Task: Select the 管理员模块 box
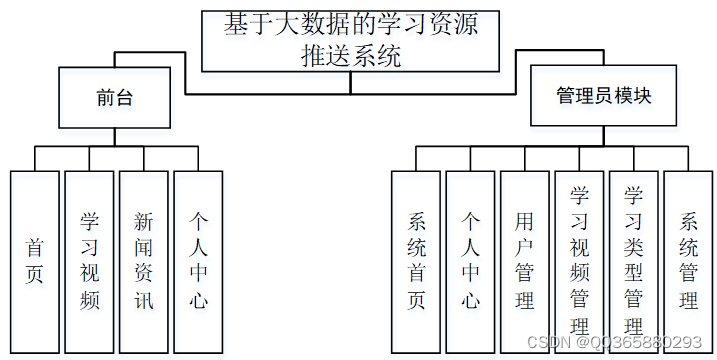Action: point(604,97)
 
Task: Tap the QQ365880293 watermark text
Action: point(654,342)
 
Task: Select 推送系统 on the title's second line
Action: point(351,55)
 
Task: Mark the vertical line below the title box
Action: point(350,82)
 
